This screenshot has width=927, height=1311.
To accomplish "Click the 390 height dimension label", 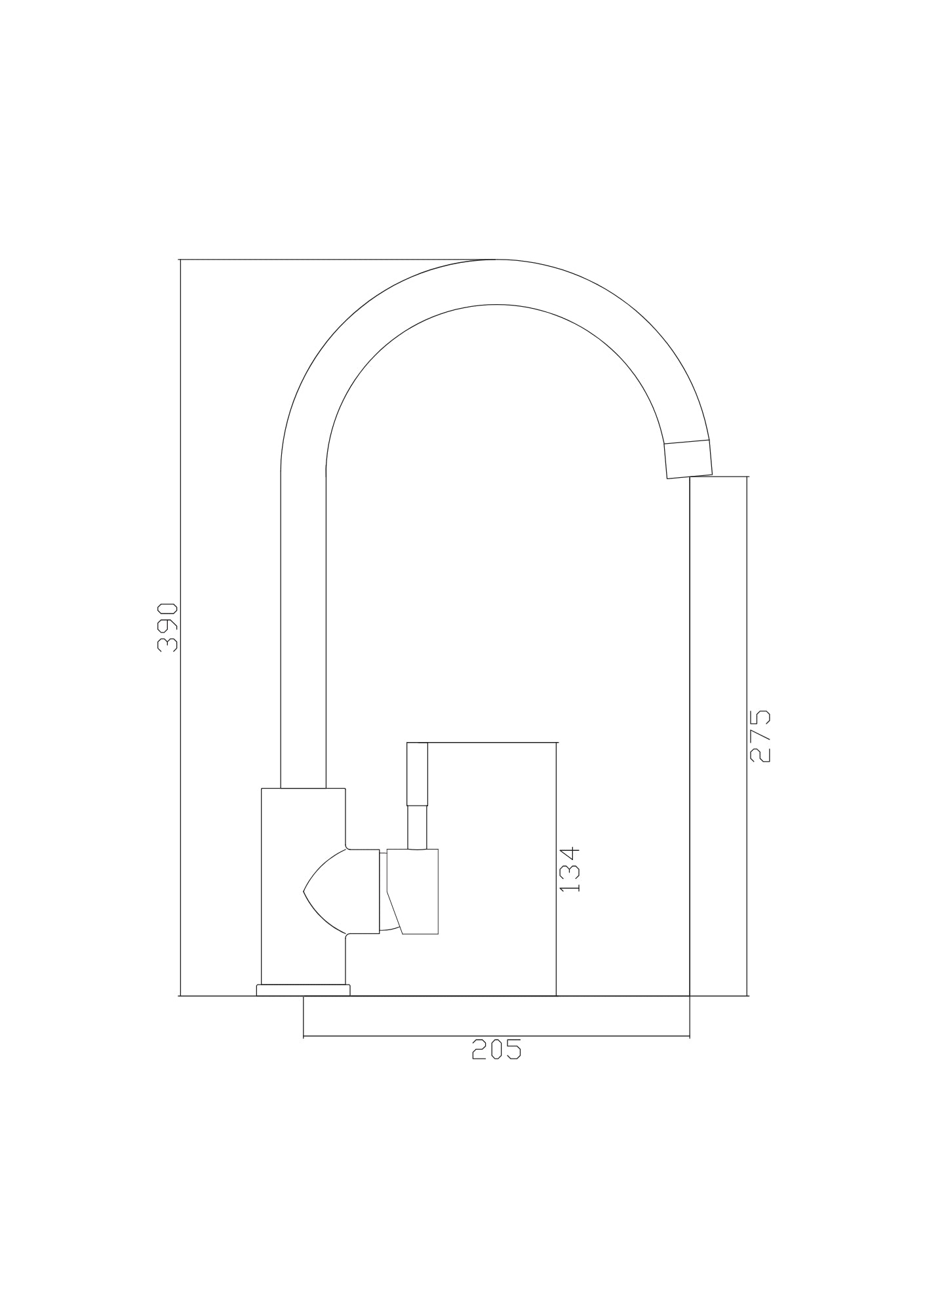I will pos(168,627).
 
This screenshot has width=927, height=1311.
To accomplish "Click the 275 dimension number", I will pos(760,735).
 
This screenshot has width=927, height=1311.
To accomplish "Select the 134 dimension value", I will pos(570,869).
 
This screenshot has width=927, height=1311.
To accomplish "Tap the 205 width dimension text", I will pos(496,1049).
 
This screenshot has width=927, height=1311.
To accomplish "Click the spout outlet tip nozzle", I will pos(688,458).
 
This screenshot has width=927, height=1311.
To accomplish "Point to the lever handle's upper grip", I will pos(417,774).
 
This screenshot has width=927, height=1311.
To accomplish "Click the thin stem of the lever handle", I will pos(417,827).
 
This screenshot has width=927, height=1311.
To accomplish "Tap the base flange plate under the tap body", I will pos(303,990).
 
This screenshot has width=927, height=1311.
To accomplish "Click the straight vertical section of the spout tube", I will pos(303,629).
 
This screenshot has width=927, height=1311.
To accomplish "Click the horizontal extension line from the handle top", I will pos(492,743).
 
